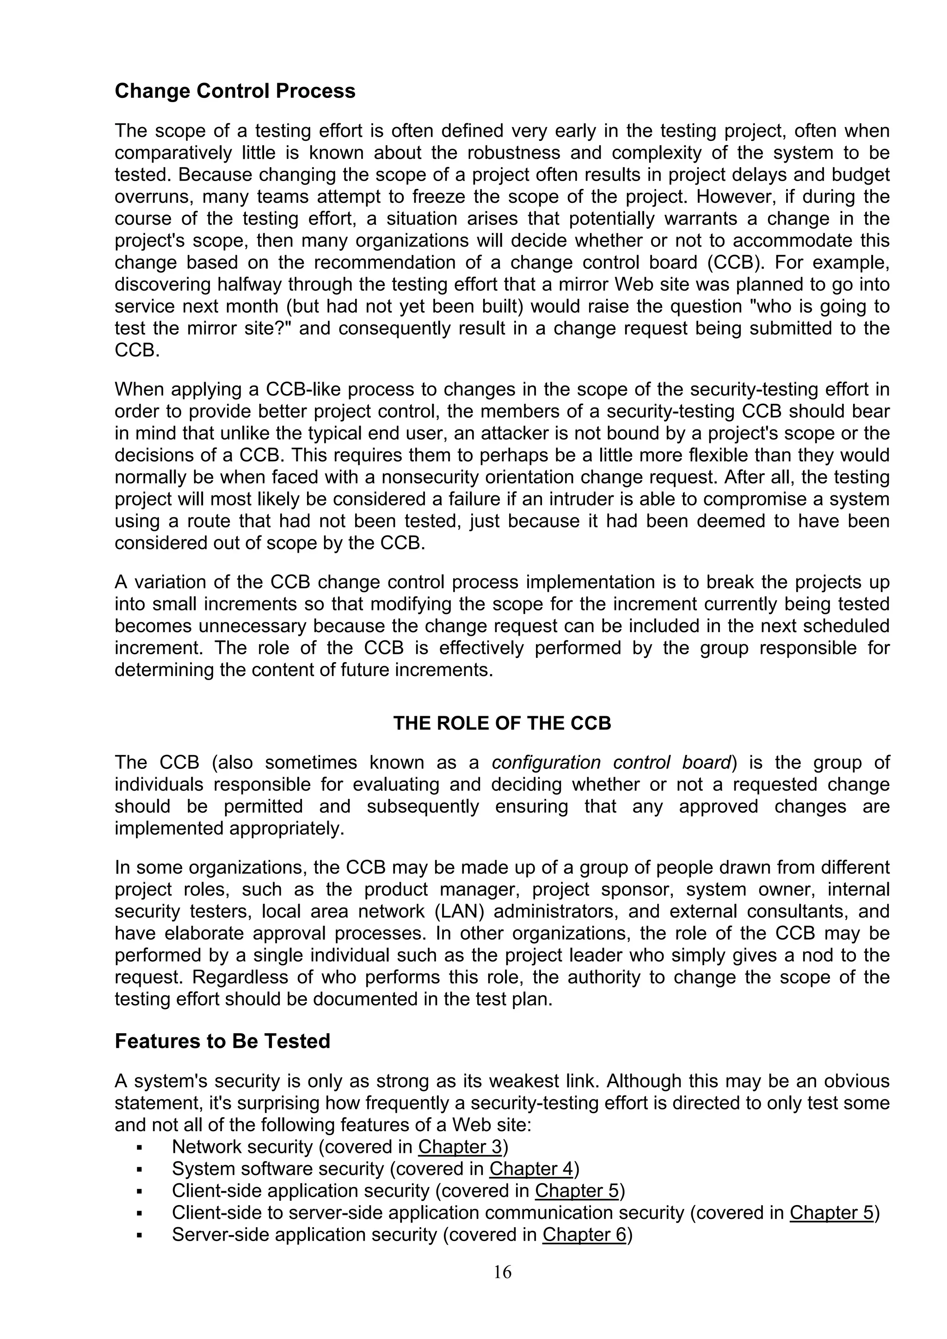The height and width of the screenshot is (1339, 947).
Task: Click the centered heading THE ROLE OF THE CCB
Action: pos(502,723)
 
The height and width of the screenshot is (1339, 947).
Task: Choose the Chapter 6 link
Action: pos(584,1235)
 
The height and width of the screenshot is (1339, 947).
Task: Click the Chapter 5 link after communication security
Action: pos(831,1212)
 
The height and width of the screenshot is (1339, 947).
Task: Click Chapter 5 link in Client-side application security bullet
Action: pos(577,1191)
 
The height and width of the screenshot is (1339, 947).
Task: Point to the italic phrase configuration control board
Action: pos(611,762)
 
